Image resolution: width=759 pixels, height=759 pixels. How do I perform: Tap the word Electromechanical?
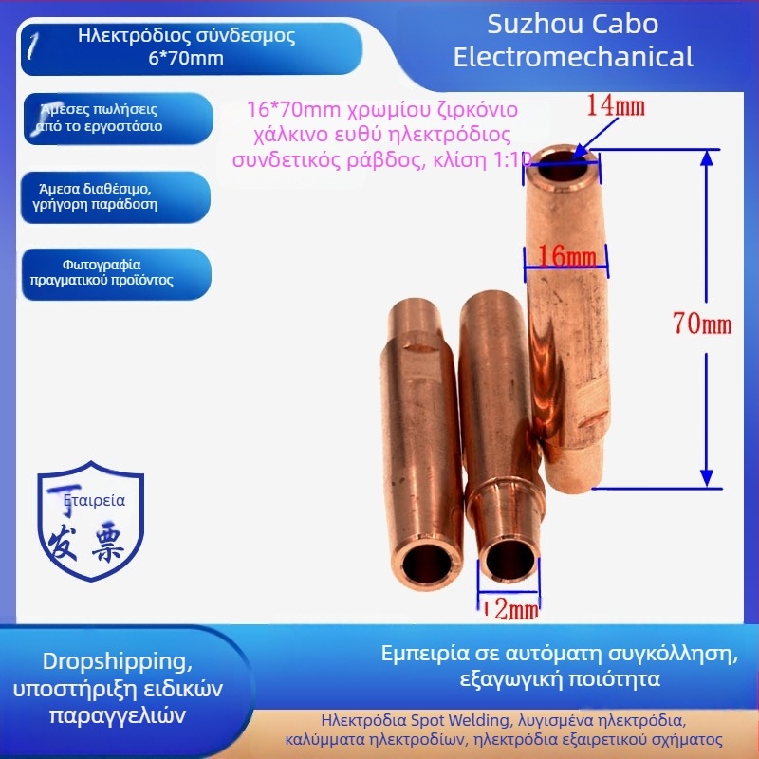573,57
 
